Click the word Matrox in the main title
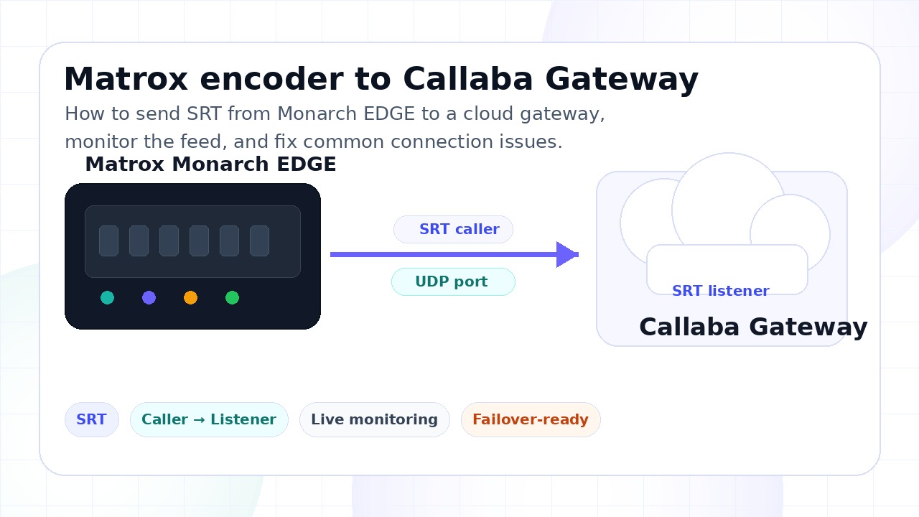pyautogui.click(x=126, y=79)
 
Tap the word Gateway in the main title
pyautogui.click(x=622, y=80)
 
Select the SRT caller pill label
pyautogui.click(x=453, y=229)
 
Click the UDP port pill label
pyautogui.click(x=453, y=282)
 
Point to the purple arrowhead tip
pyautogui.click(x=579, y=255)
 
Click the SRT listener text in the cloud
pyautogui.click(x=720, y=291)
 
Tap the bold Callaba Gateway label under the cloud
pyautogui.click(x=753, y=327)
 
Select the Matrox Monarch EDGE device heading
pyautogui.click(x=210, y=164)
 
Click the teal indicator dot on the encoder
pyautogui.click(x=108, y=297)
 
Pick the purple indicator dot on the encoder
pyautogui.click(x=149, y=297)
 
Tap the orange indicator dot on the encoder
pyautogui.click(x=191, y=297)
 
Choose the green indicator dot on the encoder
pyautogui.click(x=232, y=297)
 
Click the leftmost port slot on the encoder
pyautogui.click(x=108, y=241)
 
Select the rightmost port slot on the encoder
pyautogui.click(x=260, y=241)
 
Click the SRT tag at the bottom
pyautogui.click(x=91, y=420)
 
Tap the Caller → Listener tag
pyautogui.click(x=209, y=420)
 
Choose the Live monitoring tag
pyautogui.click(x=375, y=420)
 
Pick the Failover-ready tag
pyautogui.click(x=531, y=420)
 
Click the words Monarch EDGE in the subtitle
pyautogui.click(x=346, y=113)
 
